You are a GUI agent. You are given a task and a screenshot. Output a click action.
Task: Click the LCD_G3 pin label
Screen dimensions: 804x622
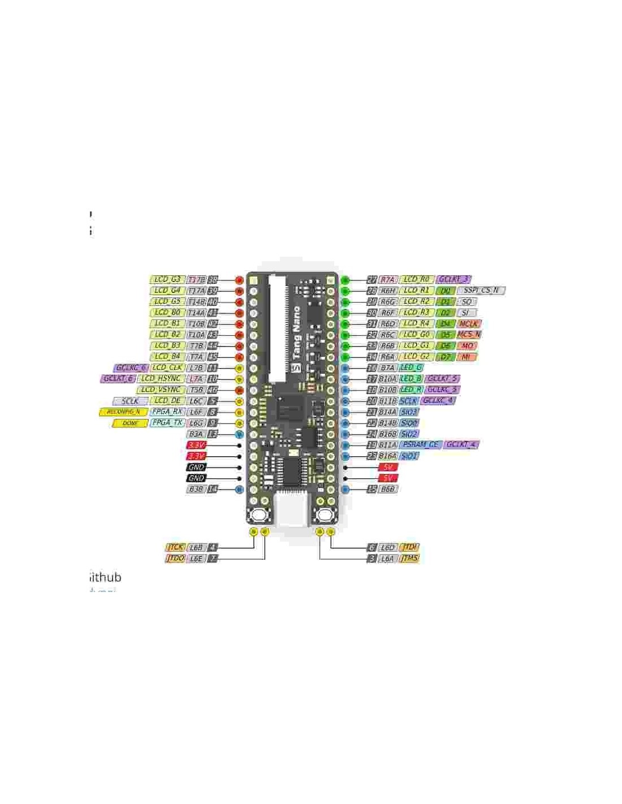click(x=167, y=279)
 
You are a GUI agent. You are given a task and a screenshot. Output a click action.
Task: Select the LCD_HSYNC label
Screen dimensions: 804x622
click(x=161, y=379)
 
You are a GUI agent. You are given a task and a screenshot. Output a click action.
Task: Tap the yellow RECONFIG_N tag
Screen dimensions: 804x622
click(x=123, y=412)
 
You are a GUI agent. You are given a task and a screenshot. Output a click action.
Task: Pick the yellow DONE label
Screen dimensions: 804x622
click(x=130, y=423)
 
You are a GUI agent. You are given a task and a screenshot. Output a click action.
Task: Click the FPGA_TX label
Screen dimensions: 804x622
click(x=167, y=423)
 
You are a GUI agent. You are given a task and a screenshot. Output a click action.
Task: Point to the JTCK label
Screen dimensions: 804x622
click(x=175, y=547)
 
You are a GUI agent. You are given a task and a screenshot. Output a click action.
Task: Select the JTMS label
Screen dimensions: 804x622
click(x=409, y=559)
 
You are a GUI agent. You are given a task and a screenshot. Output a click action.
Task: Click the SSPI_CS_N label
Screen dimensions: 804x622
click(x=481, y=291)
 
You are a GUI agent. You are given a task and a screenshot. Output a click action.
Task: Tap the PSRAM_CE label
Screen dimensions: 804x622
click(x=420, y=445)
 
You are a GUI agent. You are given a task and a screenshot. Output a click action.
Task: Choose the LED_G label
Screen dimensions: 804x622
click(x=411, y=368)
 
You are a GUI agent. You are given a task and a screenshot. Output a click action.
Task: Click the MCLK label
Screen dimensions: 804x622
click(x=468, y=324)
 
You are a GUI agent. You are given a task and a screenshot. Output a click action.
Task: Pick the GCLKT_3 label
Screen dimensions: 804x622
click(x=453, y=279)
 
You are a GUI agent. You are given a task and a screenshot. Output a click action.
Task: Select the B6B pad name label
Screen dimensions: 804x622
click(x=387, y=489)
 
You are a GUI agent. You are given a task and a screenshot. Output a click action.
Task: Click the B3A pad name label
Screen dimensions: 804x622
click(x=196, y=434)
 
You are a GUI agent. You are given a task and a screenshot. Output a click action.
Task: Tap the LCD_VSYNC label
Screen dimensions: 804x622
click(x=161, y=390)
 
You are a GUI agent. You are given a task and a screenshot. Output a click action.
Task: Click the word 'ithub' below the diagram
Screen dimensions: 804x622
click(x=106, y=577)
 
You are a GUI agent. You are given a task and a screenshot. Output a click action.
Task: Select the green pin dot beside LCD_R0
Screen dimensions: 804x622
click(x=345, y=280)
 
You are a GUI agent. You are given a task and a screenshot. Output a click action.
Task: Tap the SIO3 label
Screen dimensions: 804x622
click(x=409, y=412)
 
